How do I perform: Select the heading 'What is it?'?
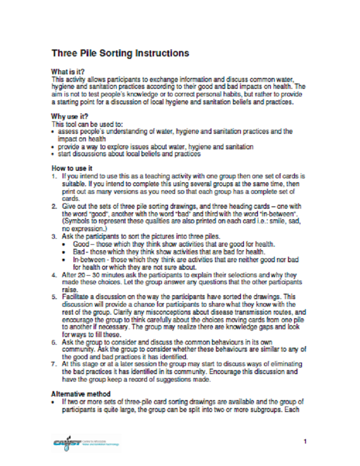[68, 72]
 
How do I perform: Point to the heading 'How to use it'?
[72, 168]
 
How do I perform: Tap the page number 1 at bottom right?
[304, 442]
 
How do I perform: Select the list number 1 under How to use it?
[53, 176]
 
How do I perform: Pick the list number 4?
[53, 274]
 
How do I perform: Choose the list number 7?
[53, 365]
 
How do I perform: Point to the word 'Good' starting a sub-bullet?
[80, 244]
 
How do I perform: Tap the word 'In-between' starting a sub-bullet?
[87, 260]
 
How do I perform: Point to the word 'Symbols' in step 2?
[76, 220]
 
